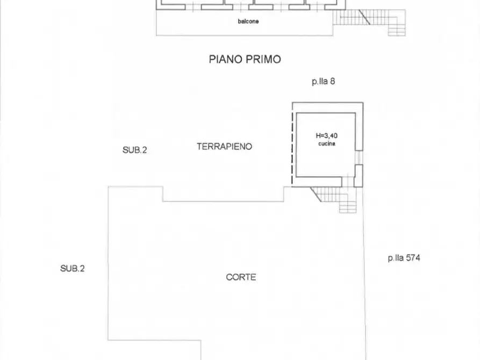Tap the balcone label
[248, 21]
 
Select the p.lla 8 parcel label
[324, 82]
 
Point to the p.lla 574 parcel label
[404, 258]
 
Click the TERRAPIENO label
[224, 146]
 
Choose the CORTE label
[241, 277]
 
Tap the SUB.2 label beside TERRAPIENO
[134, 150]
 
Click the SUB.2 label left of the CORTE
[72, 269]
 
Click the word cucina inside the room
[327, 144]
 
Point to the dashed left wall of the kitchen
[293, 145]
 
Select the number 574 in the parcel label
[413, 258]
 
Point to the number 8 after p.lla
[333, 82]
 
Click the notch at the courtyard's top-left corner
[163, 194]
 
